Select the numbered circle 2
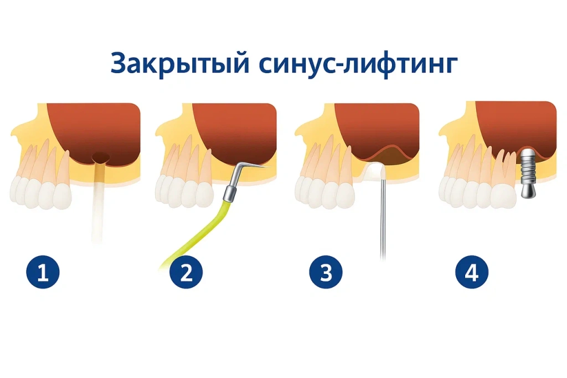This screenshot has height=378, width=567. coord(187,273)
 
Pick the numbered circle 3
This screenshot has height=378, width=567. coord(326,273)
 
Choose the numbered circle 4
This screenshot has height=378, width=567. coord(472,273)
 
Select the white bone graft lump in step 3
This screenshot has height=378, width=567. coord(377,171)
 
